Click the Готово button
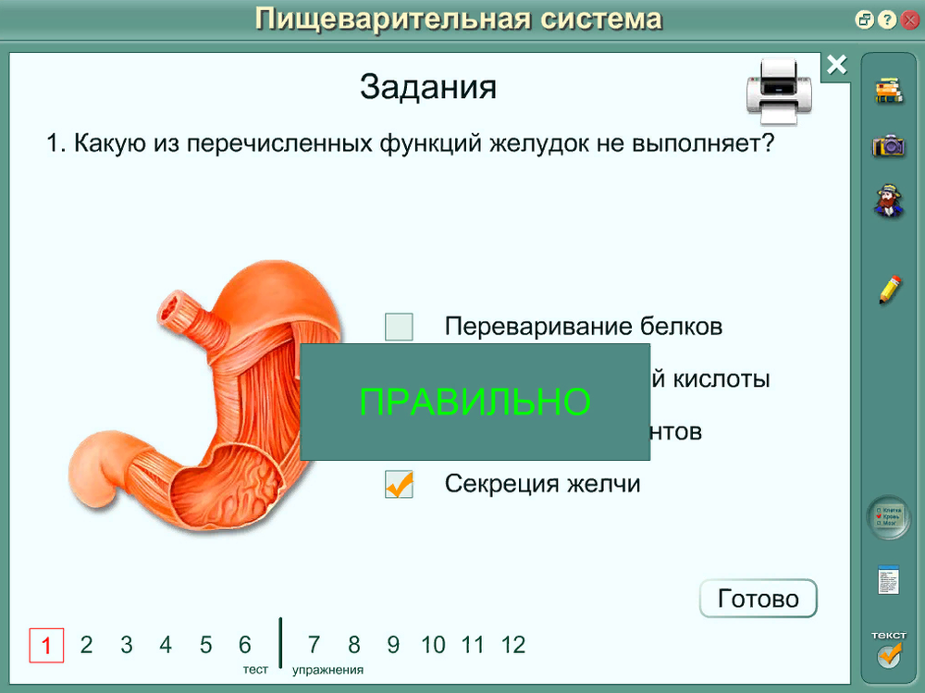(758, 599)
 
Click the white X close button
(836, 65)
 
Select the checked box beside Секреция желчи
(399, 484)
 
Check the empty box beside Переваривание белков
(399, 327)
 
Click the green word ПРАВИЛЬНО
(475, 402)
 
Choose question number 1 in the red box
(46, 644)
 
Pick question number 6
(245, 644)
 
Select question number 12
(513, 644)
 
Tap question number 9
(393, 644)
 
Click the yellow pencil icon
(889, 290)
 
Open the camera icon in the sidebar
(888, 145)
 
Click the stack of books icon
(888, 91)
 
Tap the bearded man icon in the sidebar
(888, 201)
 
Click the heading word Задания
(427, 88)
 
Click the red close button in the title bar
(910, 19)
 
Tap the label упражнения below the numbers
(327, 670)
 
